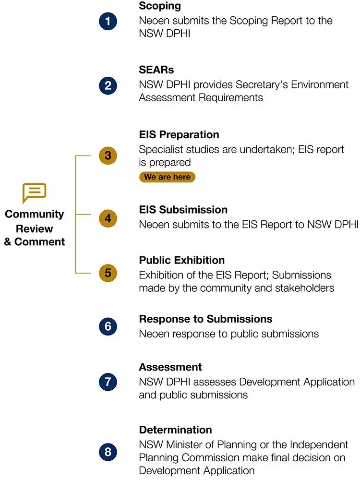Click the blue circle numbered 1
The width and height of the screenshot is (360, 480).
coord(108,21)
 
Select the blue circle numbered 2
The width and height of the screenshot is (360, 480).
coord(108,85)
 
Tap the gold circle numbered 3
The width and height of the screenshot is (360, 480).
coord(108,156)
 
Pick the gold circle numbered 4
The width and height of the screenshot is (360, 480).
coord(108,218)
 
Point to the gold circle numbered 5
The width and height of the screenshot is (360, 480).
coord(108,273)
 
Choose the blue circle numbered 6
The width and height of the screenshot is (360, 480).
coord(108,326)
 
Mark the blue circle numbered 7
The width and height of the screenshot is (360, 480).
coord(108,382)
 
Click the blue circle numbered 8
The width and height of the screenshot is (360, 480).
coord(108,452)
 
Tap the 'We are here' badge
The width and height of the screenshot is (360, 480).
coord(167,177)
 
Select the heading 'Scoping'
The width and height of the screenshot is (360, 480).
coord(160,6)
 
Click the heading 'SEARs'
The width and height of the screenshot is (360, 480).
coord(156,70)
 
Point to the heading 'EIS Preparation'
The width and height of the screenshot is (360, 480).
coord(179,135)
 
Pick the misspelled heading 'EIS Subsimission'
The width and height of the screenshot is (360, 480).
coord(183,210)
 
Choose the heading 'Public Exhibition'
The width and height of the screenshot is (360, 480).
coord(182,260)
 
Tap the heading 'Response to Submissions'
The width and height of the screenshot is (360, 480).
coord(206,319)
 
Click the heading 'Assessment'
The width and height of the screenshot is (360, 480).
coord(170,367)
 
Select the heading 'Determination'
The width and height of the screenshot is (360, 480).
coord(175,430)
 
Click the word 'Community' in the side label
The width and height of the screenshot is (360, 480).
coord(34,214)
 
